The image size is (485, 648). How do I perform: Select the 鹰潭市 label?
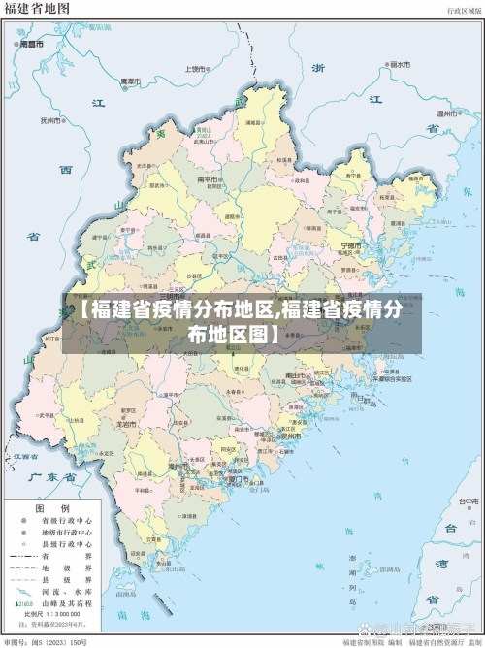[x=130, y=81]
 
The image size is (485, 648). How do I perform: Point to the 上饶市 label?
[x=197, y=69]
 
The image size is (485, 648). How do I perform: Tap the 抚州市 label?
[x=49, y=121]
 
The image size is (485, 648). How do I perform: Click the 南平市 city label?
[x=208, y=178]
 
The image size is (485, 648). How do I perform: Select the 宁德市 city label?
[x=354, y=245]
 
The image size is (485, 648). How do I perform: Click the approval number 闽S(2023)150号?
[x=57, y=641]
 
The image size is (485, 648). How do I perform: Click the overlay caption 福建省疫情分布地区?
[x=175, y=310]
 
